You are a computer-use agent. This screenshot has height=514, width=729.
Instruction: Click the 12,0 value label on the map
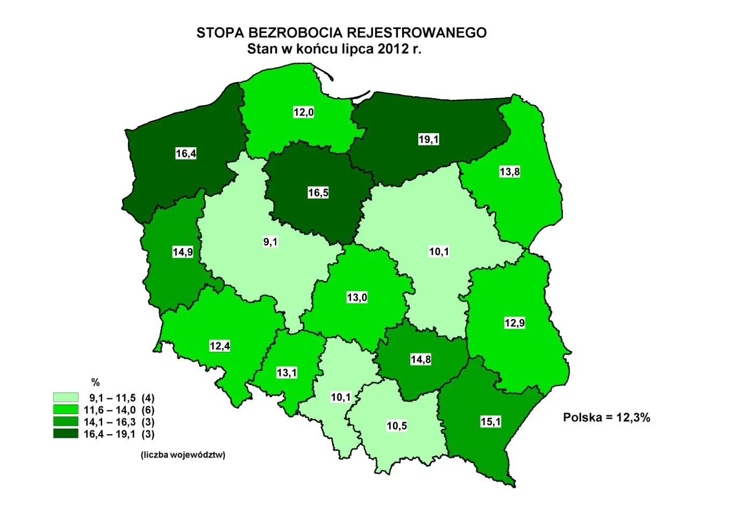pyautogui.click(x=303, y=112)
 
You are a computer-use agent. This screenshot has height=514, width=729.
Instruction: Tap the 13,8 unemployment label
pyautogui.click(x=510, y=172)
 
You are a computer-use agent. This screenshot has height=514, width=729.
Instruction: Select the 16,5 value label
pyautogui.click(x=318, y=193)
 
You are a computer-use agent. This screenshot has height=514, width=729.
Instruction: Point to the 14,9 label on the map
pyautogui.click(x=183, y=252)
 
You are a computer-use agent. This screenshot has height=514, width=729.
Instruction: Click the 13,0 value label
pyautogui.click(x=357, y=298)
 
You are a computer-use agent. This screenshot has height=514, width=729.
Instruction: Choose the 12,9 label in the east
pyautogui.click(x=514, y=323)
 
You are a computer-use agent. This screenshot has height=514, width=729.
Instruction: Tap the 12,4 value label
pyautogui.click(x=220, y=346)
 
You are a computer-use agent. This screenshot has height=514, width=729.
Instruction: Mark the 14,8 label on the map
pyautogui.click(x=420, y=359)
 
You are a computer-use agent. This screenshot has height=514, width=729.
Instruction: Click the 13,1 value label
pyautogui.click(x=287, y=373)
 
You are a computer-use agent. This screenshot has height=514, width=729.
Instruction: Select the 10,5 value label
pyautogui.click(x=397, y=426)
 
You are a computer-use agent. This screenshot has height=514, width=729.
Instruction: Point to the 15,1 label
pyautogui.click(x=490, y=422)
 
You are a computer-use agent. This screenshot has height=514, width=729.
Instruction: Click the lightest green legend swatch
pyautogui.click(x=66, y=397)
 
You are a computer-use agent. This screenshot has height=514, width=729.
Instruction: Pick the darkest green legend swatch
pyautogui.click(x=66, y=433)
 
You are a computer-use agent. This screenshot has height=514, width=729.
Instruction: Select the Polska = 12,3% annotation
pyautogui.click(x=606, y=417)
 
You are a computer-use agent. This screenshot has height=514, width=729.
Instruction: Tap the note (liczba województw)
pyautogui.click(x=183, y=455)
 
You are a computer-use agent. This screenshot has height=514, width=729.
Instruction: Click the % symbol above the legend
pyautogui.click(x=96, y=382)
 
